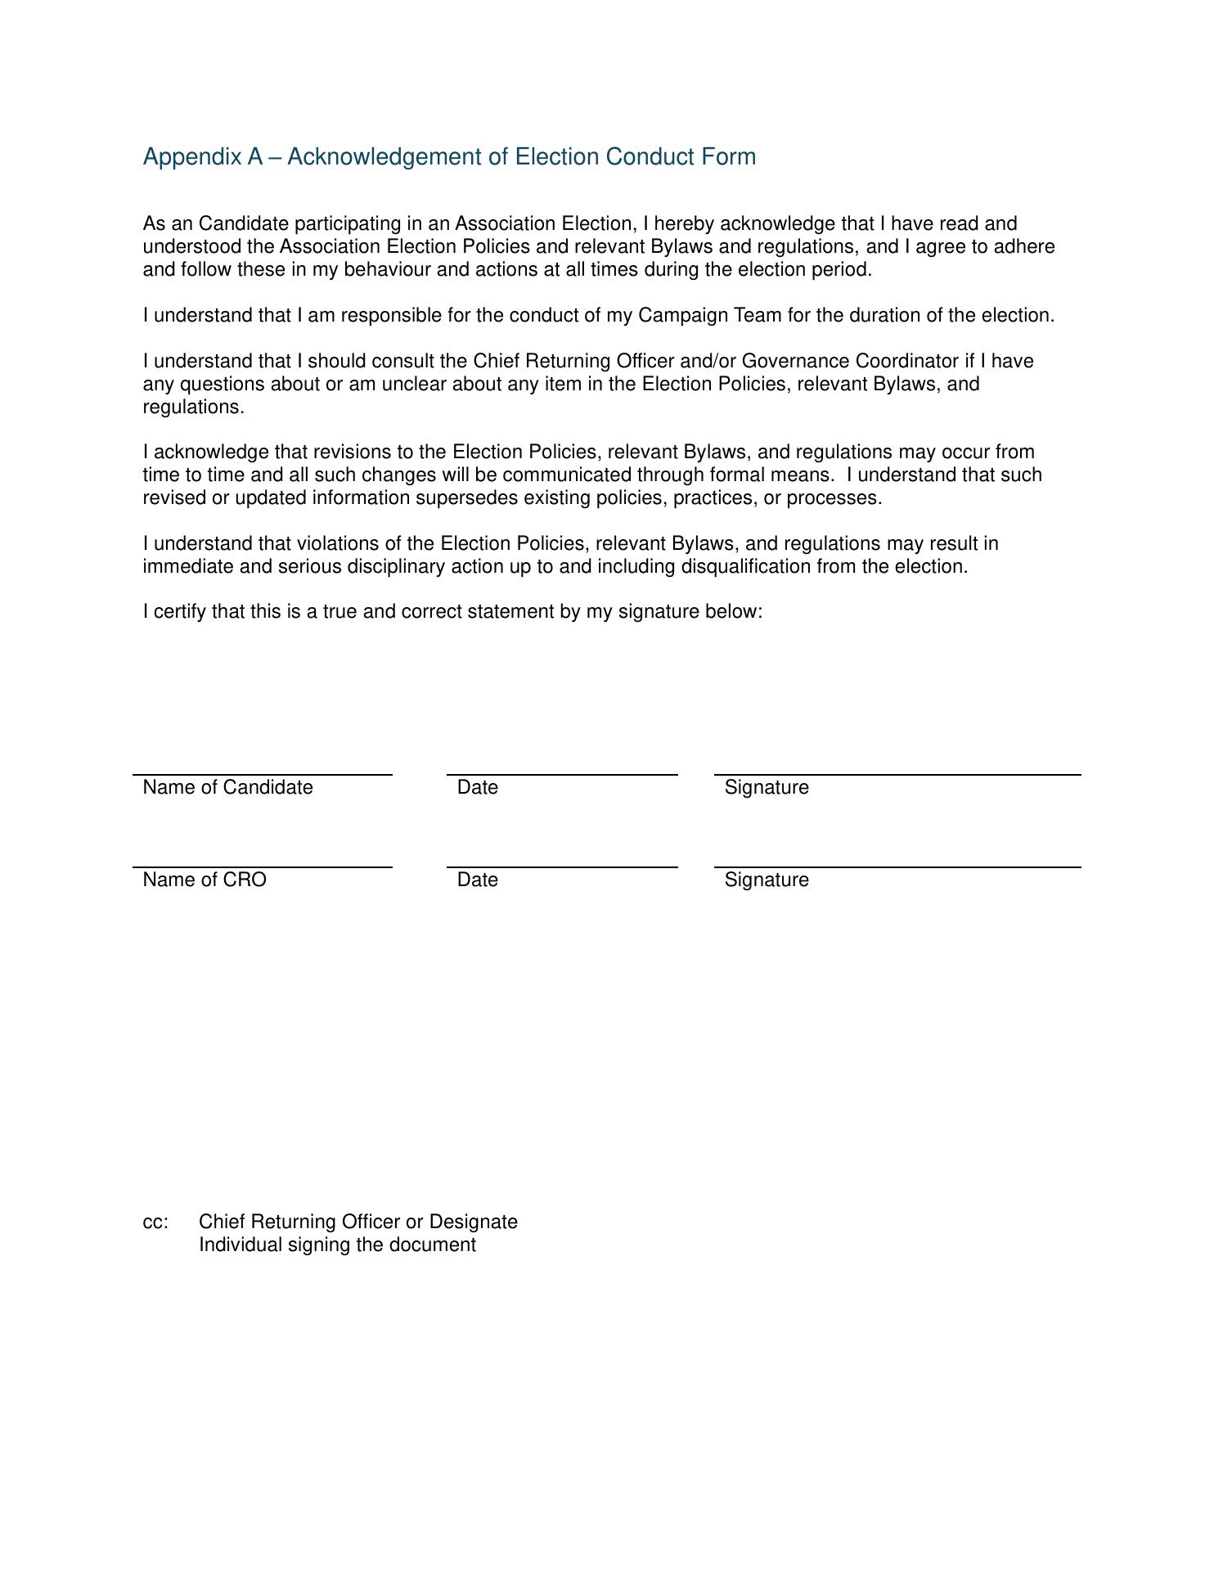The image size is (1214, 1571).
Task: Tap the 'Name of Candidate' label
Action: point(227,787)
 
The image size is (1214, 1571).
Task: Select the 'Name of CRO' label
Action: point(205,880)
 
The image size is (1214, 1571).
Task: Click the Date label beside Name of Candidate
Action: point(478,787)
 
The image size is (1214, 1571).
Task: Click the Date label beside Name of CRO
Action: point(478,880)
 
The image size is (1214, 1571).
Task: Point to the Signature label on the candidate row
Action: point(767,787)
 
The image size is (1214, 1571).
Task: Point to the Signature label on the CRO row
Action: point(767,880)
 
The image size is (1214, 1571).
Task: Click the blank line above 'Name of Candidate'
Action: point(262,774)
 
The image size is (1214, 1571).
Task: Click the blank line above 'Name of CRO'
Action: point(262,867)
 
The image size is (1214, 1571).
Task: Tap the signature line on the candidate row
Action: point(897,774)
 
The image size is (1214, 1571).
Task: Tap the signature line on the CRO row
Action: point(897,867)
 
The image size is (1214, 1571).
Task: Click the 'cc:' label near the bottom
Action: point(155,1222)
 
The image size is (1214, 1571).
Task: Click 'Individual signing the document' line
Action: point(337,1245)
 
